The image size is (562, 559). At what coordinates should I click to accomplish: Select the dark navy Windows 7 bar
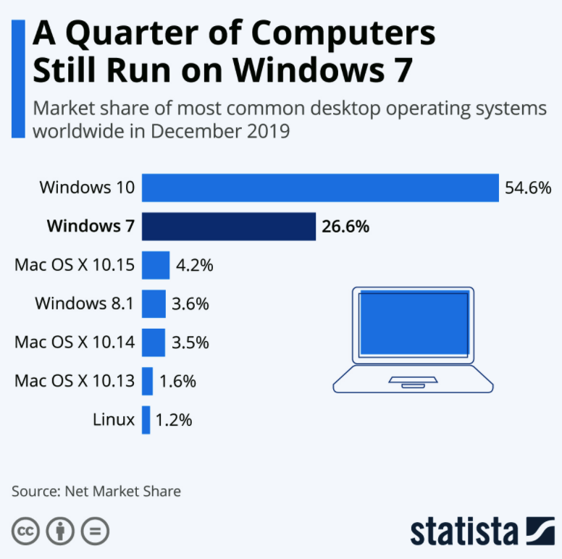click(229, 226)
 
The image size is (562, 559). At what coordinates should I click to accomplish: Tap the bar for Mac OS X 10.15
click(155, 265)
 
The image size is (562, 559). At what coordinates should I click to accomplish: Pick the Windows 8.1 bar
click(154, 303)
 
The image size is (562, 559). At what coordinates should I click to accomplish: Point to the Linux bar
click(146, 419)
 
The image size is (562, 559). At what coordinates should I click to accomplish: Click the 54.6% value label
click(528, 188)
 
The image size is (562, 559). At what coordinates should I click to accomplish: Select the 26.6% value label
click(345, 227)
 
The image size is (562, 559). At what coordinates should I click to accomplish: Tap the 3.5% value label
click(190, 342)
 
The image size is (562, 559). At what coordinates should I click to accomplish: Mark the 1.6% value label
click(177, 381)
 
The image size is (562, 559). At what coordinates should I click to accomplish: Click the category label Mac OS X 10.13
click(75, 381)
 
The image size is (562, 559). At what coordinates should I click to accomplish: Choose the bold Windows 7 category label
click(91, 227)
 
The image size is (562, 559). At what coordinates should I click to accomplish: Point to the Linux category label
click(114, 419)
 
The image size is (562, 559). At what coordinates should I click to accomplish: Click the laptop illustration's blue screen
click(413, 323)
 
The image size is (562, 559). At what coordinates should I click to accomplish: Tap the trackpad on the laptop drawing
click(413, 380)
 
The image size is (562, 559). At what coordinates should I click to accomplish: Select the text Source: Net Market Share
click(96, 491)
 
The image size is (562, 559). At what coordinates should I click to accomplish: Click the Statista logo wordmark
click(464, 531)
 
